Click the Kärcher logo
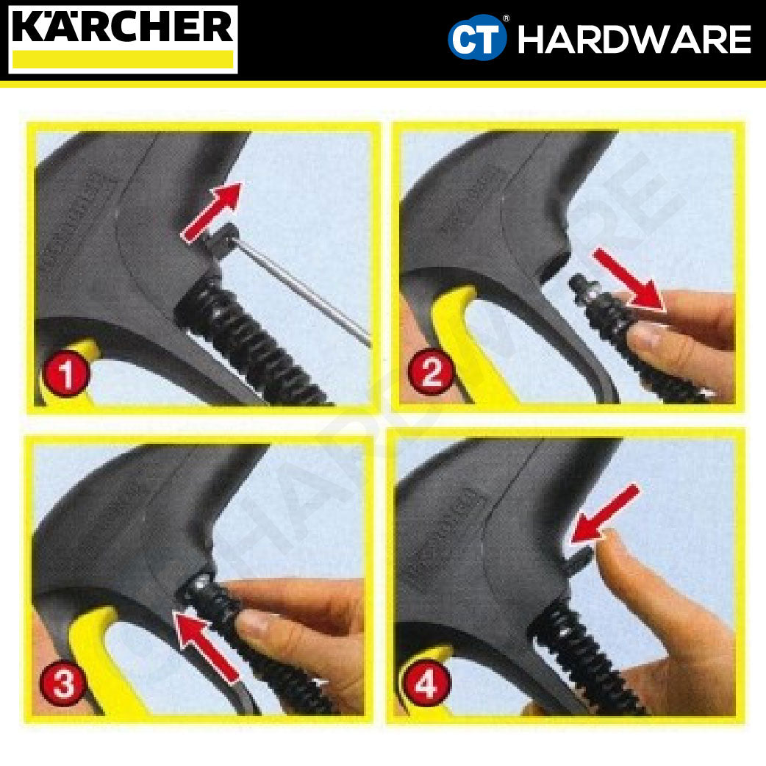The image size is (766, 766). coord(123,38)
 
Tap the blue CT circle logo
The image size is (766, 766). coord(478,39)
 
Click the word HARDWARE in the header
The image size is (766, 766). coord(634,40)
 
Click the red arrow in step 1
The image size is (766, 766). coord(212,213)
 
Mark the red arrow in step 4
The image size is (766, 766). coord(604,515)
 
